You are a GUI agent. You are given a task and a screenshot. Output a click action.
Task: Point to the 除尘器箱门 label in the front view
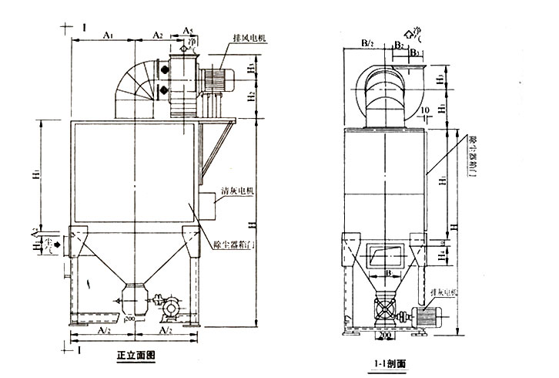(233, 245)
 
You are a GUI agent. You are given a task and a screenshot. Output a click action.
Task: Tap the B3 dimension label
(413, 52)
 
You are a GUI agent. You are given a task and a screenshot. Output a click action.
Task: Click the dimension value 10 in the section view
(424, 111)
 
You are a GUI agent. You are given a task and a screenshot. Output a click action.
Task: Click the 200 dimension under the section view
(385, 337)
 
